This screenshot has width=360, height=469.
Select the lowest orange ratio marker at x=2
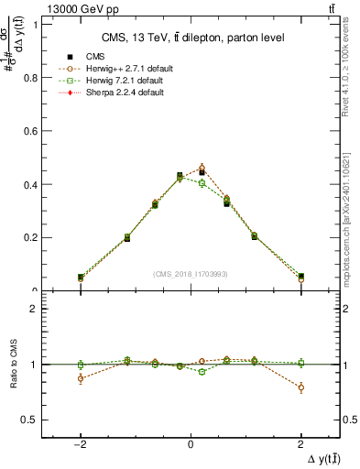click(x=300, y=387)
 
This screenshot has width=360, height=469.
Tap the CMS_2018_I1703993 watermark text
click(x=191, y=273)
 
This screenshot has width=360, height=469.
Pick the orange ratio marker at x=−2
click(x=81, y=378)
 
